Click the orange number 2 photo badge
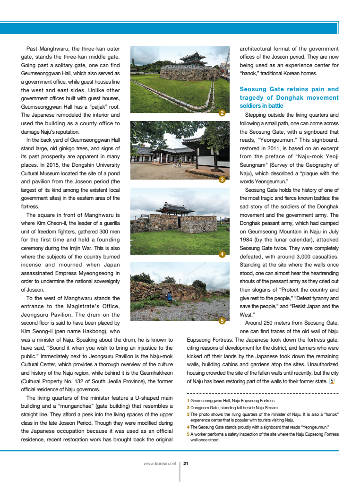click(x=222, y=113)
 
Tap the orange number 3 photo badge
click(x=222, y=180)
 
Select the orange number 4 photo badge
click(x=222, y=254)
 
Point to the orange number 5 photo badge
click(x=222, y=321)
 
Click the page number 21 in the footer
click(x=186, y=464)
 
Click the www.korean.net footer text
click(x=160, y=464)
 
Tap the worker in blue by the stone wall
click(x=169, y=296)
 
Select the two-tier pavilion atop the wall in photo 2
click(x=193, y=59)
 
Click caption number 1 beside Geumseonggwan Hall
click(x=188, y=401)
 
